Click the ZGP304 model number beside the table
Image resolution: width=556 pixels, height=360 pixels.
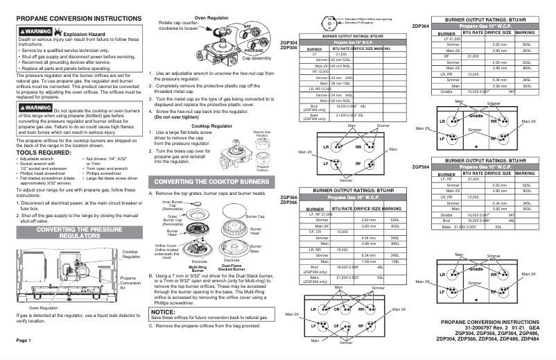288,43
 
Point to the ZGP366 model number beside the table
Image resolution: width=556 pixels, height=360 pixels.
288,197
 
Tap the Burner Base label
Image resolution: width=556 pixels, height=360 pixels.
255,248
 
